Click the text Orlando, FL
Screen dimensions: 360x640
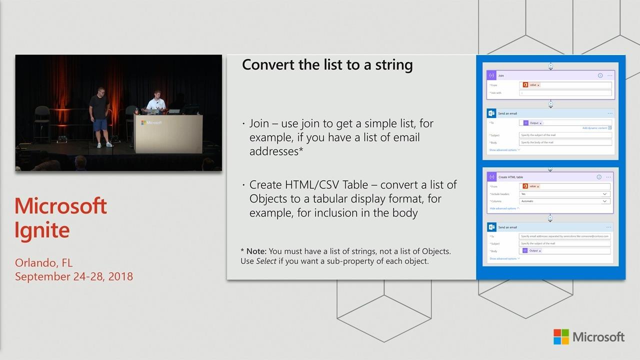tap(43, 262)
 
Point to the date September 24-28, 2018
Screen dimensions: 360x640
tap(74, 276)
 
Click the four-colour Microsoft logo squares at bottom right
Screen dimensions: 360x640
tap(561, 336)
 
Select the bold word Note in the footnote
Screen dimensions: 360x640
tap(256, 251)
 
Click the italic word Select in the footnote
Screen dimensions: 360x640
tap(266, 261)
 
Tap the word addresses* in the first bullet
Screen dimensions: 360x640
tap(276, 151)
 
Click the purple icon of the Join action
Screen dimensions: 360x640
tap(491, 75)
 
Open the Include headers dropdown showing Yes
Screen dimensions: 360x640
tap(564, 194)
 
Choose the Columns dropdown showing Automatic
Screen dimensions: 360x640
tap(564, 201)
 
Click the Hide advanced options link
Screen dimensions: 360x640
tap(503, 208)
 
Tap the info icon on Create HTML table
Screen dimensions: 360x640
tap(599, 177)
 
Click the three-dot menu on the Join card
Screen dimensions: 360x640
tap(610, 75)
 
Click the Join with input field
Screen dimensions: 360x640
tap(565, 93)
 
